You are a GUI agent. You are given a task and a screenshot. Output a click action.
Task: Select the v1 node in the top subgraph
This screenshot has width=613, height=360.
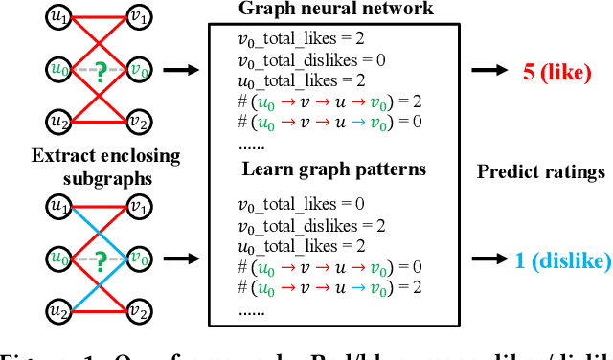click(138, 17)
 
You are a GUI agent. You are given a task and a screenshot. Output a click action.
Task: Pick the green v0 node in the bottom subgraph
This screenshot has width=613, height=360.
click(138, 259)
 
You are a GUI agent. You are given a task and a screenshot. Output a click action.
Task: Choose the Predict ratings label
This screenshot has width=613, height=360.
click(541, 172)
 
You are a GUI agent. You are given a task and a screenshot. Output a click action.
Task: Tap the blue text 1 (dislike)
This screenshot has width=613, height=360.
click(560, 260)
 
